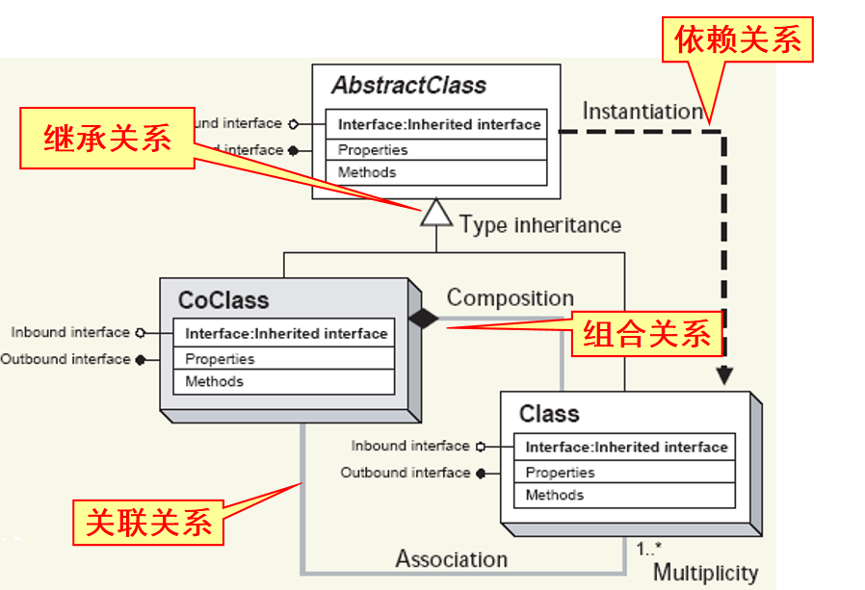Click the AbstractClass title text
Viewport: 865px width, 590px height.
tap(409, 85)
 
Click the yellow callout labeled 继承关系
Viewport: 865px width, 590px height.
tap(108, 140)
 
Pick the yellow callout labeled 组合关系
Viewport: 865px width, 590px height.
tap(647, 334)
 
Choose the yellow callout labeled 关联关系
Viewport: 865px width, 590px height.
tap(149, 523)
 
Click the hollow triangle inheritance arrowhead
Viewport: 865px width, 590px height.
tap(436, 212)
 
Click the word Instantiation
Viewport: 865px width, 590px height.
tap(642, 112)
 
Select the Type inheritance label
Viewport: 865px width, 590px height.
tap(540, 225)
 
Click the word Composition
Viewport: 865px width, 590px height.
tap(510, 298)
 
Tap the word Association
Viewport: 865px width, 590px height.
tap(451, 559)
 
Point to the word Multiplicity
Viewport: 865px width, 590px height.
tap(706, 574)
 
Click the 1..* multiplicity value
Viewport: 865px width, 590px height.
tap(648, 550)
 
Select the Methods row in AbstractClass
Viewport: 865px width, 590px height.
tap(367, 172)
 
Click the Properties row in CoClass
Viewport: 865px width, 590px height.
tap(220, 359)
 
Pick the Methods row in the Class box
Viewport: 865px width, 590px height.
tap(554, 495)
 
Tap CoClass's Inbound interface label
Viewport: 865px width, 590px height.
tap(70, 332)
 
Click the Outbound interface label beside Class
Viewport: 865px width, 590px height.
tap(406, 473)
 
